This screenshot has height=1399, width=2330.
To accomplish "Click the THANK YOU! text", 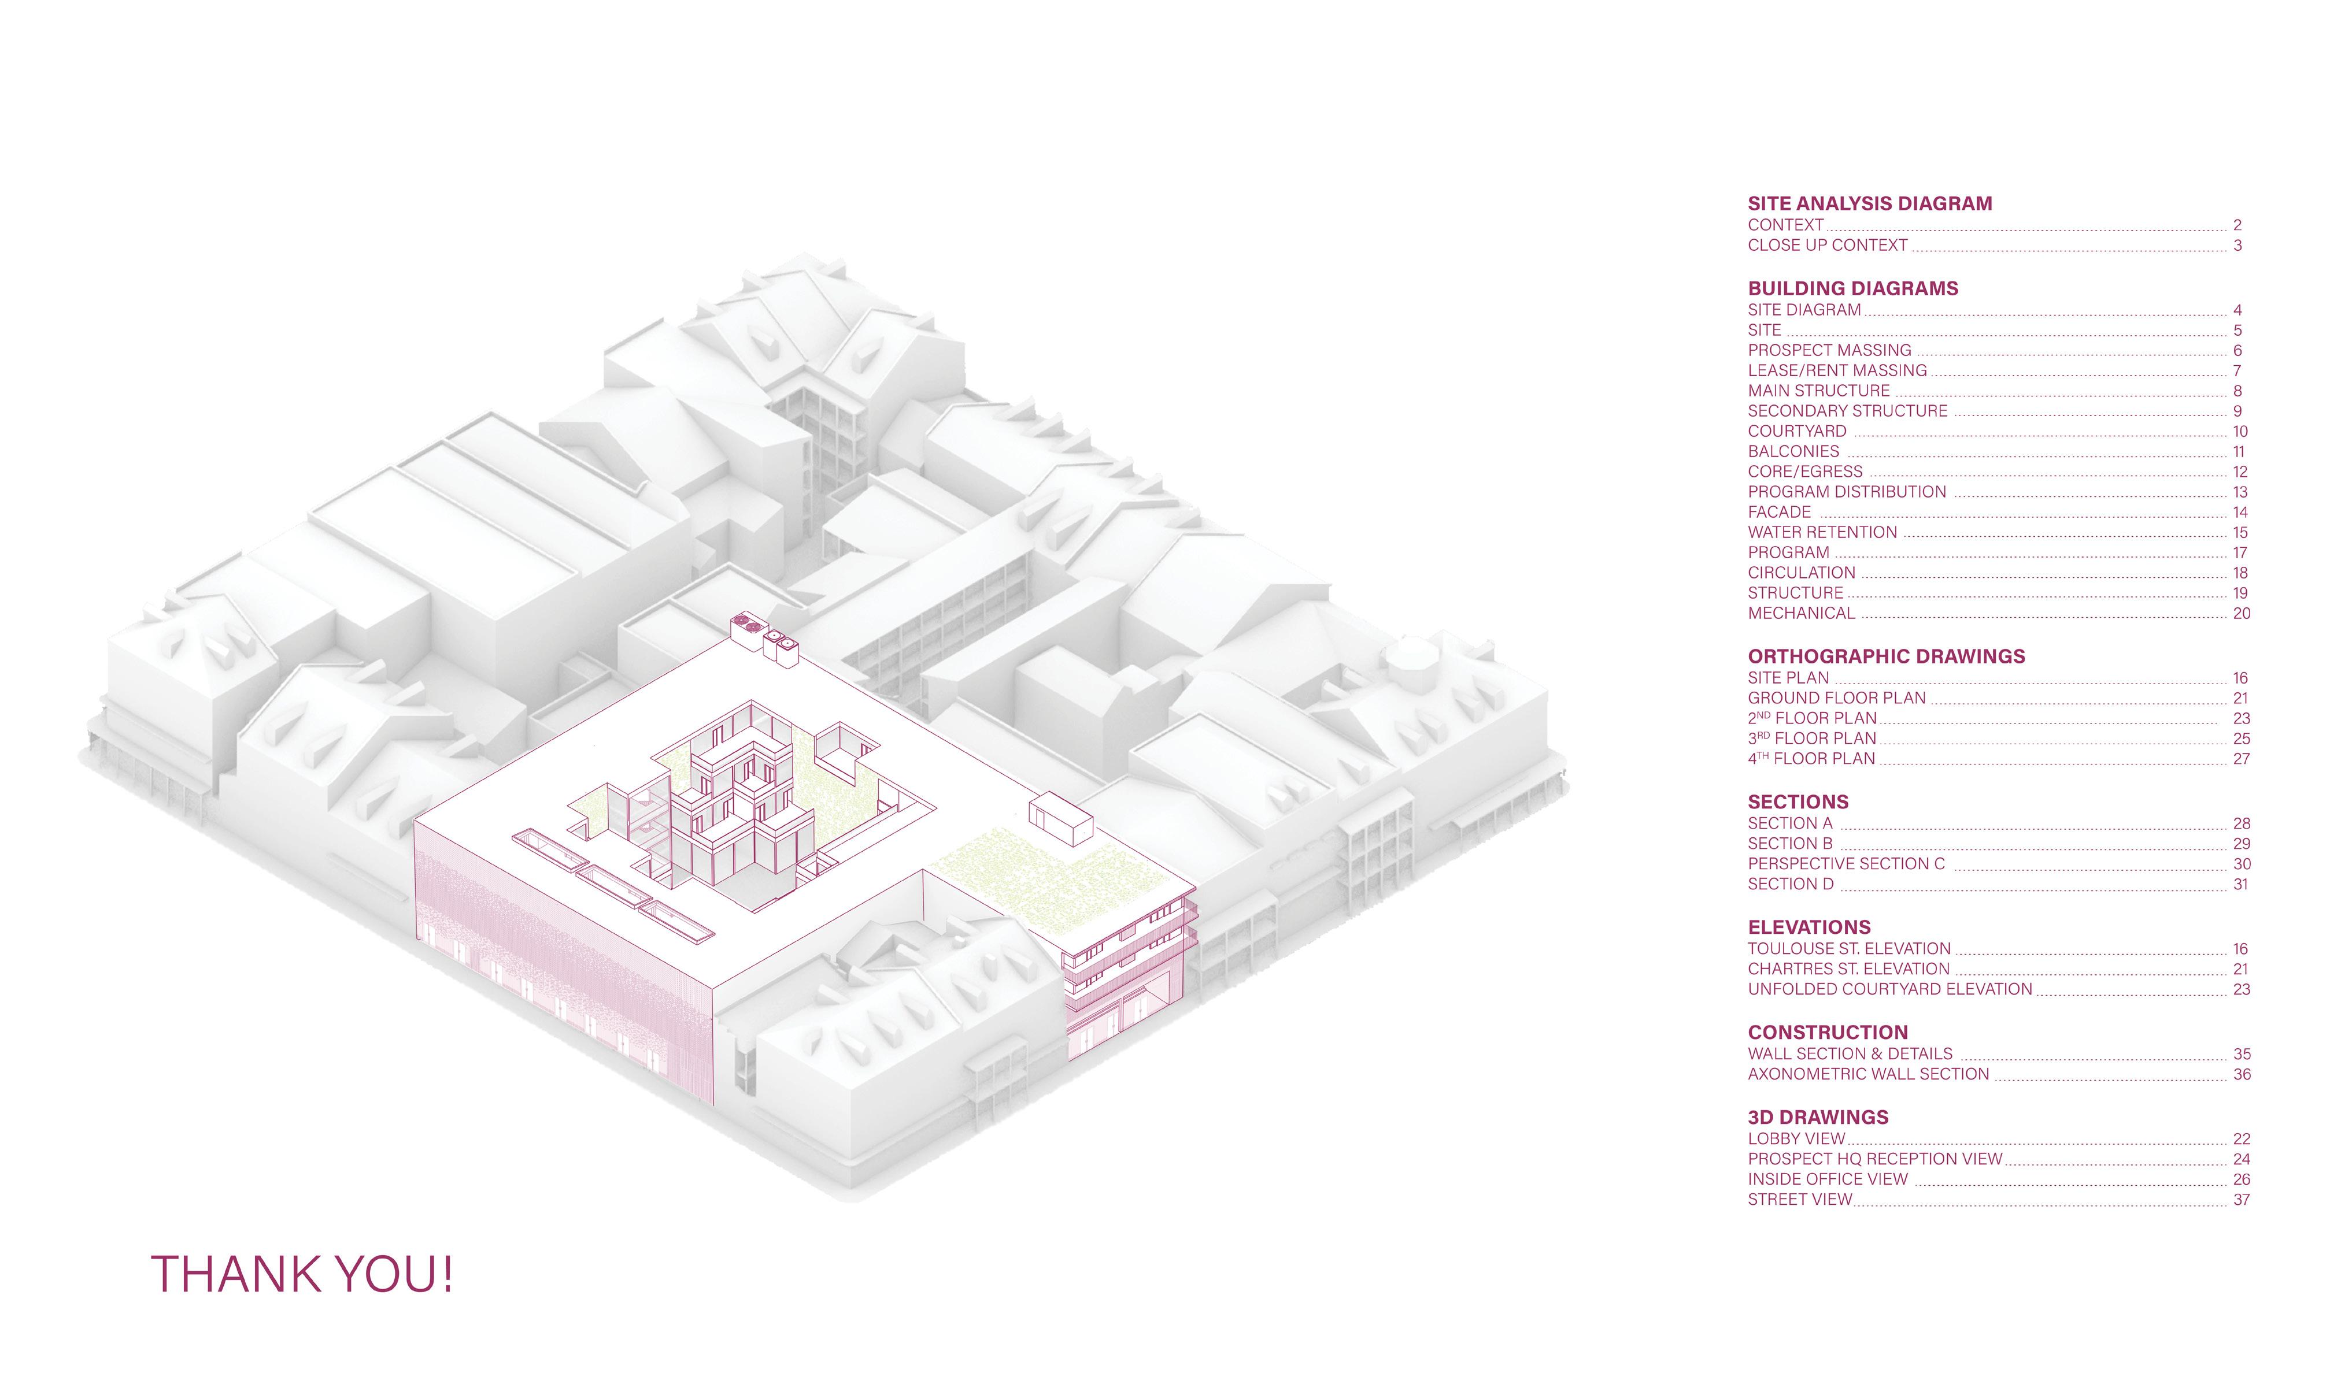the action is pyautogui.click(x=302, y=1274).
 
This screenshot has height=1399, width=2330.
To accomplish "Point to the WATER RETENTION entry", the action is pyautogui.click(x=1822, y=533).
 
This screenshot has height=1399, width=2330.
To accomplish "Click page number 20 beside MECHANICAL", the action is pyautogui.click(x=2240, y=614).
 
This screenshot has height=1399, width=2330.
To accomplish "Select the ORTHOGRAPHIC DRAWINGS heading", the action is pyautogui.click(x=1886, y=656).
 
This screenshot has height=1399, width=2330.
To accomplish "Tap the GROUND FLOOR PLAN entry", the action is pyautogui.click(x=1836, y=699).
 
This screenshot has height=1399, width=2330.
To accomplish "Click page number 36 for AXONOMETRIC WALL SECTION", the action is pyautogui.click(x=2240, y=1075).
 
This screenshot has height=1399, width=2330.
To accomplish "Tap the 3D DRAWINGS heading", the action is pyautogui.click(x=1817, y=1117).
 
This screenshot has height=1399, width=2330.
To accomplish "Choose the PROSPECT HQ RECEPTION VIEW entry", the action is pyautogui.click(x=1874, y=1160).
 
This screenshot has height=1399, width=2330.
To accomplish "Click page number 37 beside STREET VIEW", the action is pyautogui.click(x=2240, y=1200).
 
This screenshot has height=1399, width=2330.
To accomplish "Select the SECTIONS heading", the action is pyautogui.click(x=1798, y=802).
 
